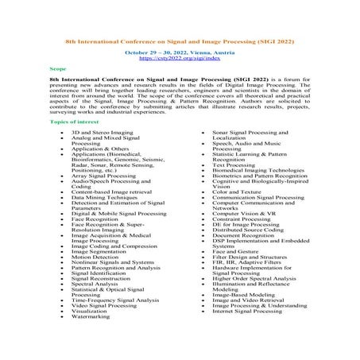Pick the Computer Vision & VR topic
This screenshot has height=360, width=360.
[243, 214]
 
